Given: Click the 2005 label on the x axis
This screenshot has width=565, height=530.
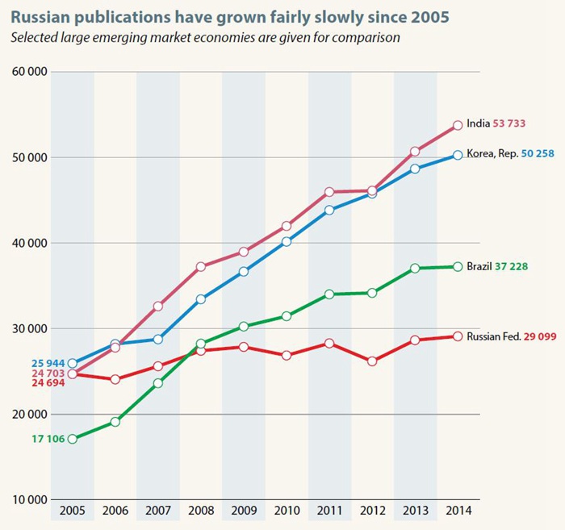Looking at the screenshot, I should click(x=72, y=511).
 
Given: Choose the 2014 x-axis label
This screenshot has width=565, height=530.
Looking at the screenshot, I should click(x=458, y=511).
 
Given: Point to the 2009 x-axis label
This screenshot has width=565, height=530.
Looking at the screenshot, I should click(x=243, y=511).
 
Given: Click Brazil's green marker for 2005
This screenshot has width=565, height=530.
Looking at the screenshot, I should click(x=72, y=439).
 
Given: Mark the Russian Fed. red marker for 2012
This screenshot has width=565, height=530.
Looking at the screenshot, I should click(x=372, y=361).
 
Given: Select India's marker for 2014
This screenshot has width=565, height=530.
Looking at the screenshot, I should click(x=458, y=125).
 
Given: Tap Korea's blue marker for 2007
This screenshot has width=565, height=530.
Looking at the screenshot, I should click(x=158, y=340).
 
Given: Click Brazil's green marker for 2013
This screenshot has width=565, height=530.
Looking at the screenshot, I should click(x=415, y=268).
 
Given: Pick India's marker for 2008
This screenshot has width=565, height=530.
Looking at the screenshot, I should click(x=201, y=266).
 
